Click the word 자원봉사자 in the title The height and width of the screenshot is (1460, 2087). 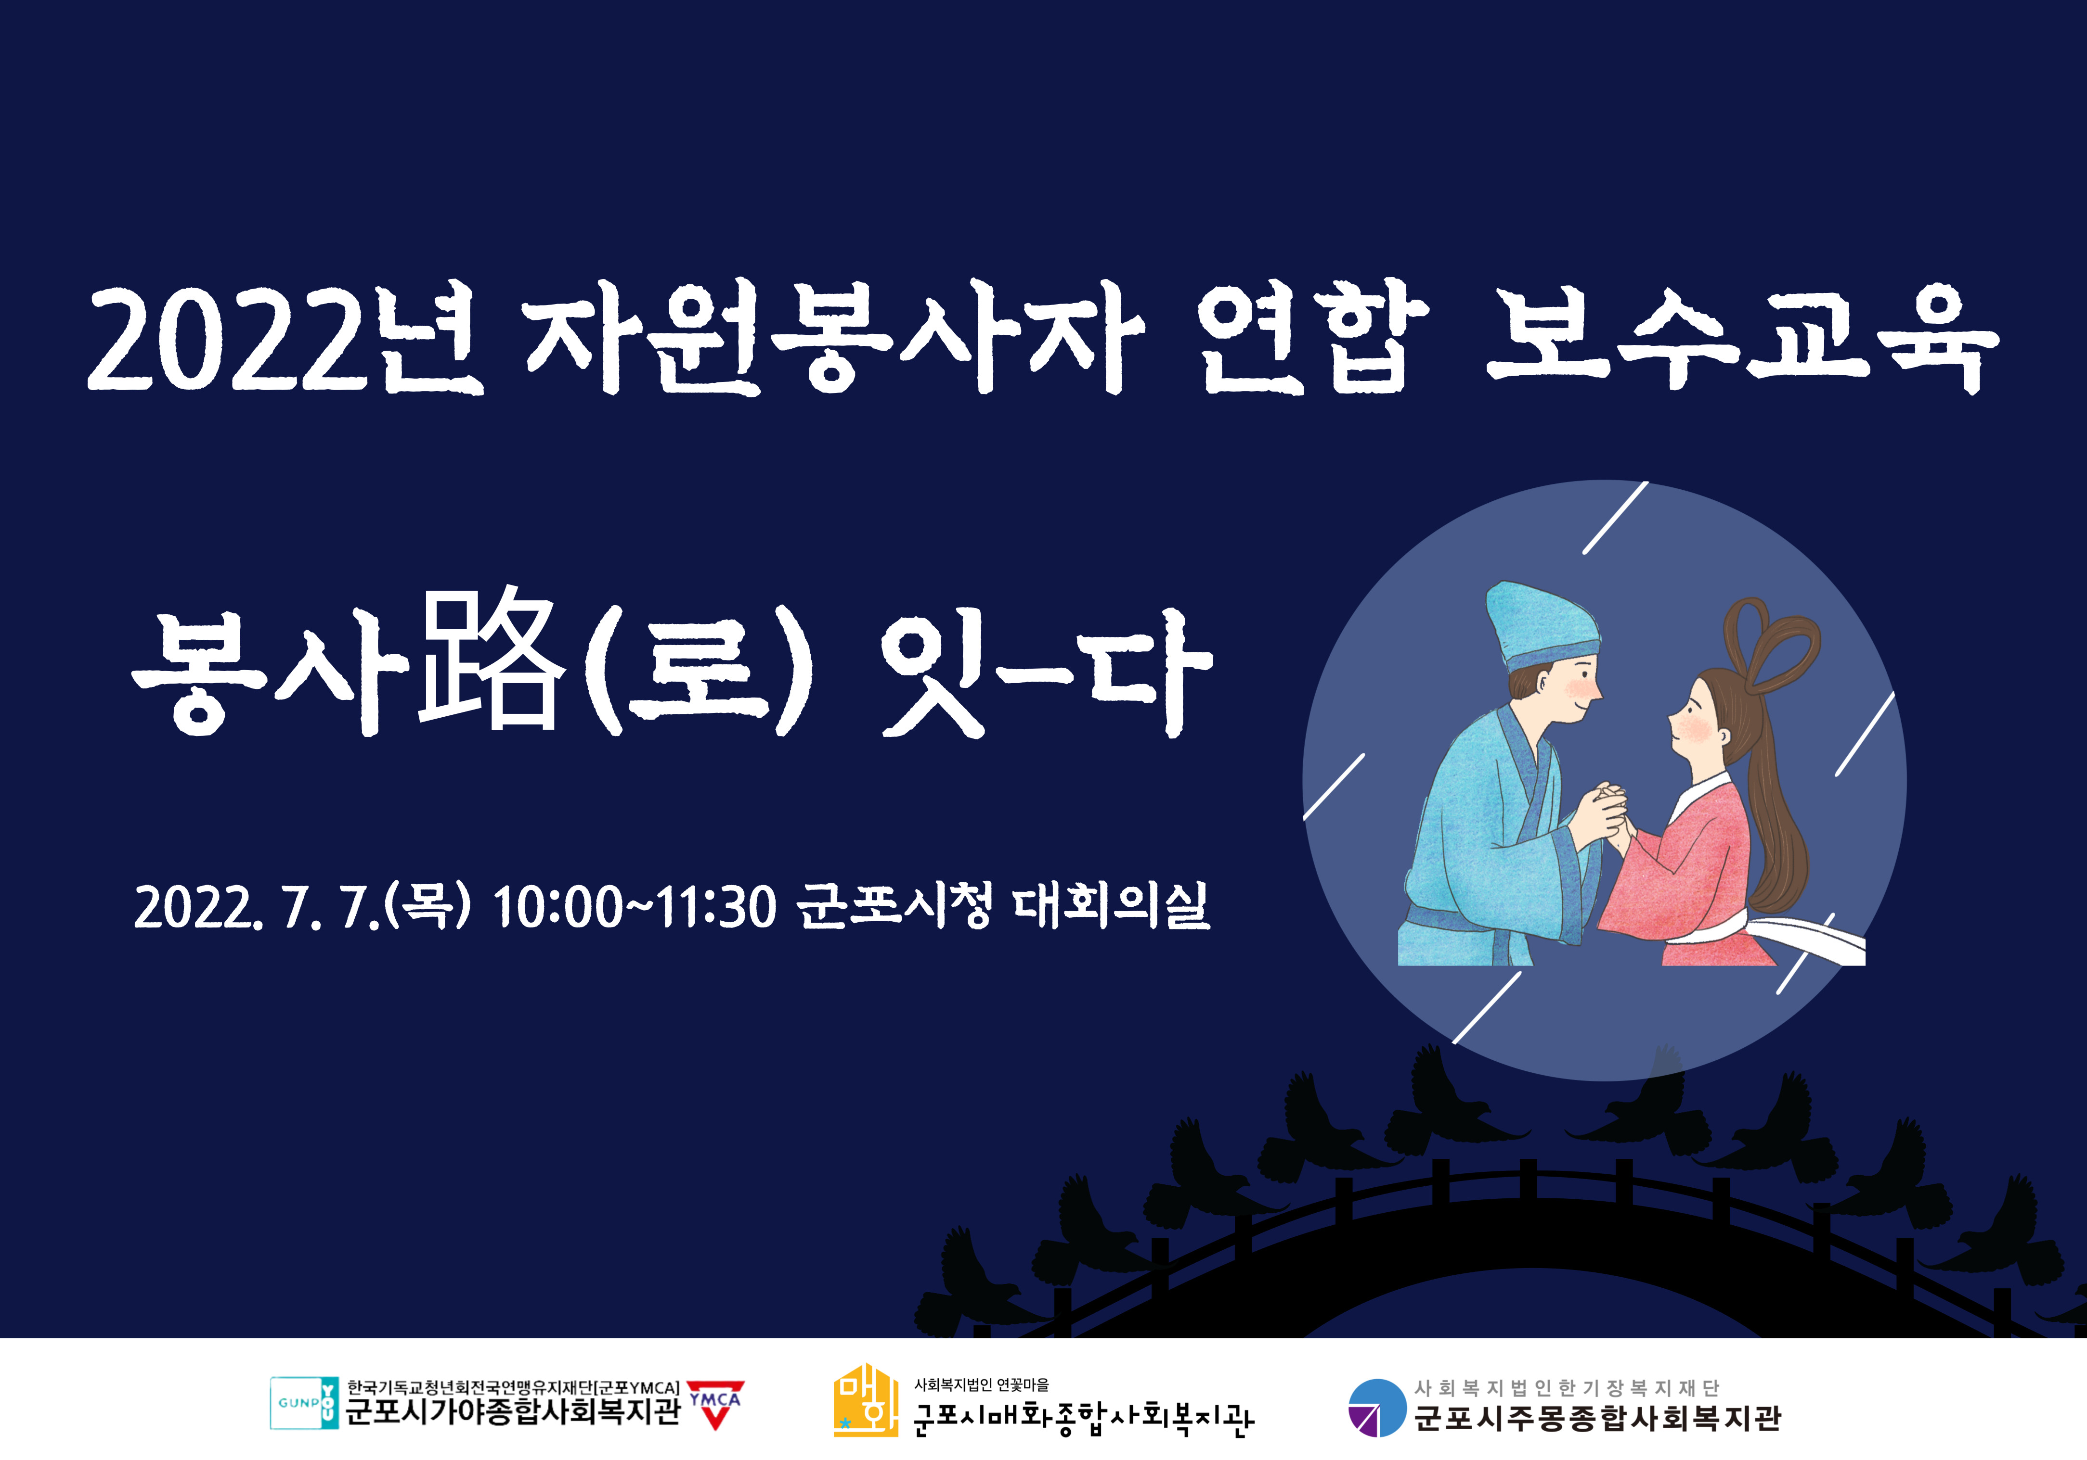(834, 338)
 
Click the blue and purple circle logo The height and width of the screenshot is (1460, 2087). (1377, 1407)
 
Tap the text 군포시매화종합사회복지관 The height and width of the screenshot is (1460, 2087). (1084, 1418)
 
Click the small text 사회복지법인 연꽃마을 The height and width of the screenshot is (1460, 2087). (982, 1384)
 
